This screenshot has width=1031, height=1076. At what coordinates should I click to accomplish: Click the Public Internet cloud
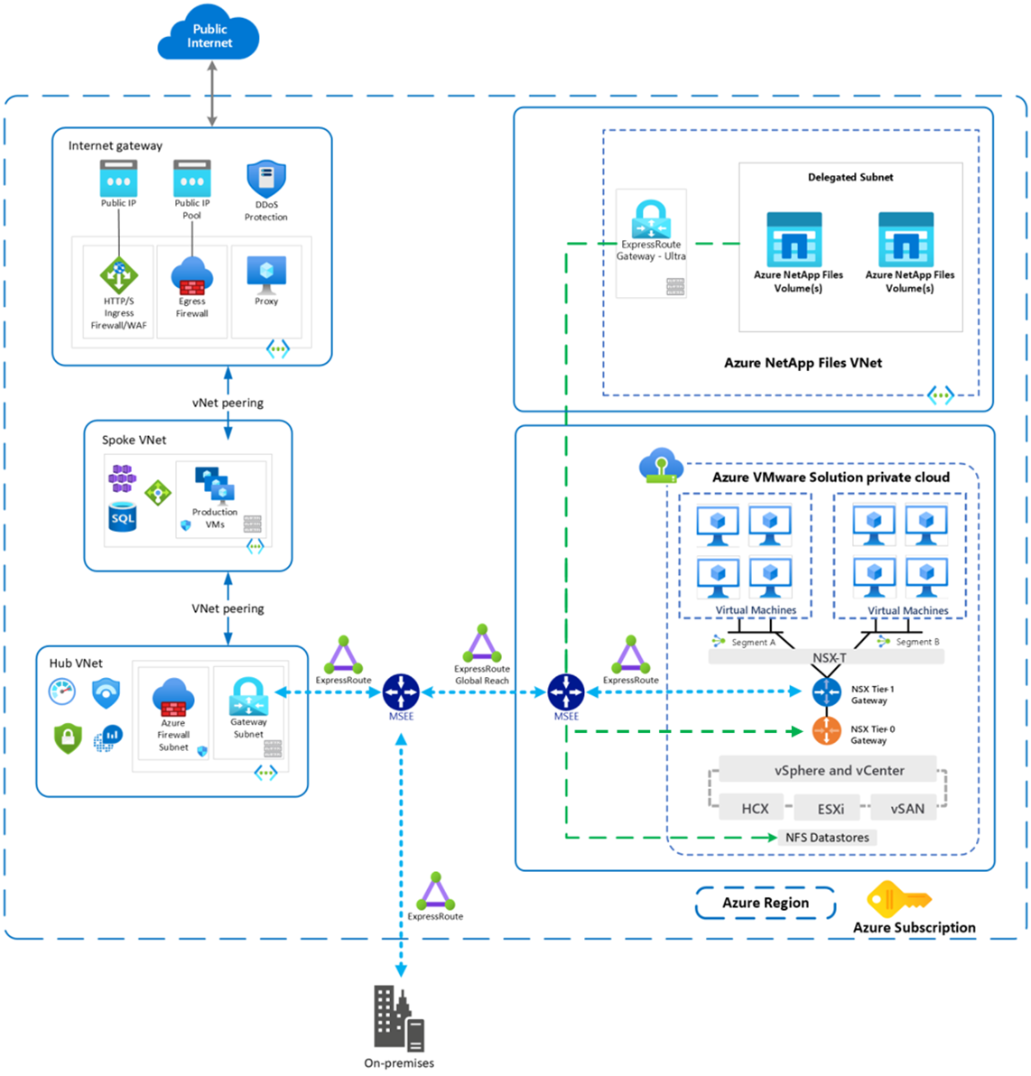[209, 32]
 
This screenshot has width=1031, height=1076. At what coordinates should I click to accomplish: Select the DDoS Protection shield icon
[266, 179]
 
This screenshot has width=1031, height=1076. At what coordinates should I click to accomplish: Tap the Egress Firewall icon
[192, 276]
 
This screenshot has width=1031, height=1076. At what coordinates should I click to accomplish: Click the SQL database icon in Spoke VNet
[123, 516]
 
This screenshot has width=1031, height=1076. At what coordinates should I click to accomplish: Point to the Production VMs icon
[215, 485]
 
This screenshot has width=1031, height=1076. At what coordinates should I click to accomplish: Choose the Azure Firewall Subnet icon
[173, 697]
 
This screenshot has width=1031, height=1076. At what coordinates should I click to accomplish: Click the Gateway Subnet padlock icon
[248, 697]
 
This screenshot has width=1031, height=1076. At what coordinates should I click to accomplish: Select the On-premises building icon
[399, 1018]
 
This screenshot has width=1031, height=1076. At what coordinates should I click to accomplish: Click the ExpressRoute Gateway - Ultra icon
[651, 219]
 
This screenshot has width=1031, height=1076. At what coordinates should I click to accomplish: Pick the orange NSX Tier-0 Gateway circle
[826, 731]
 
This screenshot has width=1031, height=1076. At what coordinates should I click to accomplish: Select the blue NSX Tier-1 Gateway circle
[826, 692]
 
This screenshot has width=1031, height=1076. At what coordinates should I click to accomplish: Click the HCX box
[755, 809]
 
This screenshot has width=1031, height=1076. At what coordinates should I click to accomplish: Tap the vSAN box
[907, 809]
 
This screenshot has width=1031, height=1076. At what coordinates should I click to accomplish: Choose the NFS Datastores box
[827, 837]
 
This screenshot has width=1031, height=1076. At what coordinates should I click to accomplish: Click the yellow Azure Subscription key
[899, 899]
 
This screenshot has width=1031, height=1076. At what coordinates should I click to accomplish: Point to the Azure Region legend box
[766, 903]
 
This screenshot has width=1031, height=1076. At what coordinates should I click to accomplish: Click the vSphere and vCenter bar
[828, 770]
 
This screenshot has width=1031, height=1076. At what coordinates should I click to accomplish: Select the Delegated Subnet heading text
[850, 177]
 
